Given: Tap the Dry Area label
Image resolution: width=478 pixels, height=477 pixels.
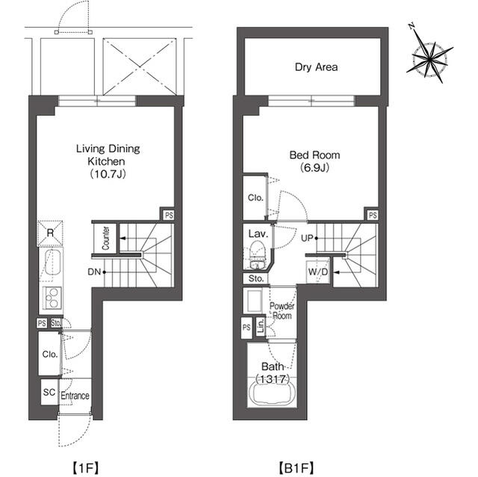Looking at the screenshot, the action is pyautogui.click(x=316, y=67).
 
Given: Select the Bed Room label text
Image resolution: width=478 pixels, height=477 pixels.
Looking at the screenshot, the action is pyautogui.click(x=314, y=155).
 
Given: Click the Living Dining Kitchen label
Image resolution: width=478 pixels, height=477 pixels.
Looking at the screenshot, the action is pyautogui.click(x=108, y=155).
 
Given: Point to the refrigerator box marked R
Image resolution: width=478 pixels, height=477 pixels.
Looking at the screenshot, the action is pyautogui.click(x=50, y=233).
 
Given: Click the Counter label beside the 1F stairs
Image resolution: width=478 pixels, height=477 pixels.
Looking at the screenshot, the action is pyautogui.click(x=106, y=238).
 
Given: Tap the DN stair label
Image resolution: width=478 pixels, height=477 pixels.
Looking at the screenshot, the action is pyautogui.click(x=94, y=272).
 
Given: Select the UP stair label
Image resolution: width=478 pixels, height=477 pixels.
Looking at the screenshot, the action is pyautogui.click(x=307, y=238).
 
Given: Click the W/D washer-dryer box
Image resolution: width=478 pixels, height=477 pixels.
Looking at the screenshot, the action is pyautogui.click(x=318, y=272).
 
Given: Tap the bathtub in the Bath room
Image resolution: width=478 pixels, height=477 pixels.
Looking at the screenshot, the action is pyautogui.click(x=273, y=393).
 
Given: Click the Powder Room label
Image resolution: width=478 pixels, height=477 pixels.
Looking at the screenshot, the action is pyautogui.click(x=282, y=311).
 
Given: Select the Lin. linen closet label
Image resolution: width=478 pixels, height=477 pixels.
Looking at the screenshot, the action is pyautogui.click(x=261, y=326).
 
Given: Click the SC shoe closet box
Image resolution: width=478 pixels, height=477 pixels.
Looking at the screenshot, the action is pyautogui.click(x=50, y=392).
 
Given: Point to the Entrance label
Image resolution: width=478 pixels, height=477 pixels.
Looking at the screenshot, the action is pyautogui.click(x=75, y=396).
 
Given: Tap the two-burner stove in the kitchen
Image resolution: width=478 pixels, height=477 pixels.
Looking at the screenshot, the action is pyautogui.click(x=52, y=298).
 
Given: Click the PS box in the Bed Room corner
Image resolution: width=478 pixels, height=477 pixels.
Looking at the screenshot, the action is pyautogui.click(x=372, y=215).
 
